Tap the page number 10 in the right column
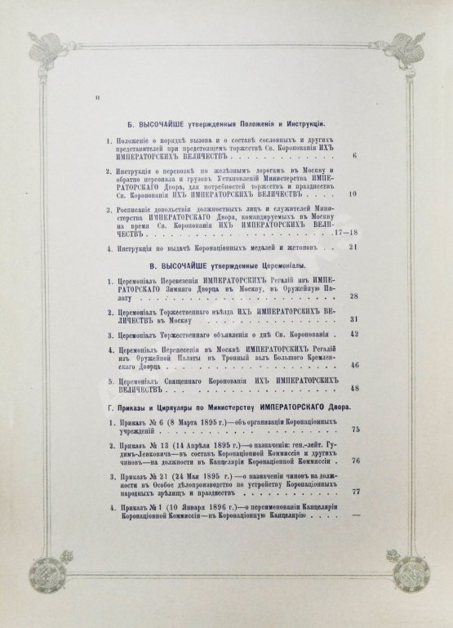pos(353,194)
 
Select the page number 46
pos(353,365)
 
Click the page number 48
pos(353,389)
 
